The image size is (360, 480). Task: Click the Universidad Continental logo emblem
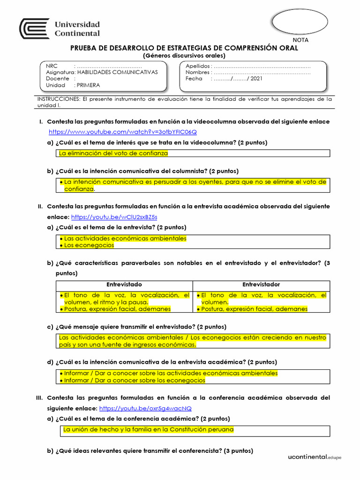[34, 29]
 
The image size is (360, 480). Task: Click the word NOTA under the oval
[300, 40]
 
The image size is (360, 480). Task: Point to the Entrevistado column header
[124, 285]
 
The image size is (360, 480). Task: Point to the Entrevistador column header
[261, 285]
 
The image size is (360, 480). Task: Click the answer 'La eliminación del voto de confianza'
[113, 153]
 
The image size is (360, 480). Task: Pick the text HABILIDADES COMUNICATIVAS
[117, 72]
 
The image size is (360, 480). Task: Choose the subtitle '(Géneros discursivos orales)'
[184, 55]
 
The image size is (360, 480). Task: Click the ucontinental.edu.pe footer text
[315, 457]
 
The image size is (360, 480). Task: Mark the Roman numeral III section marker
[40, 398]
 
